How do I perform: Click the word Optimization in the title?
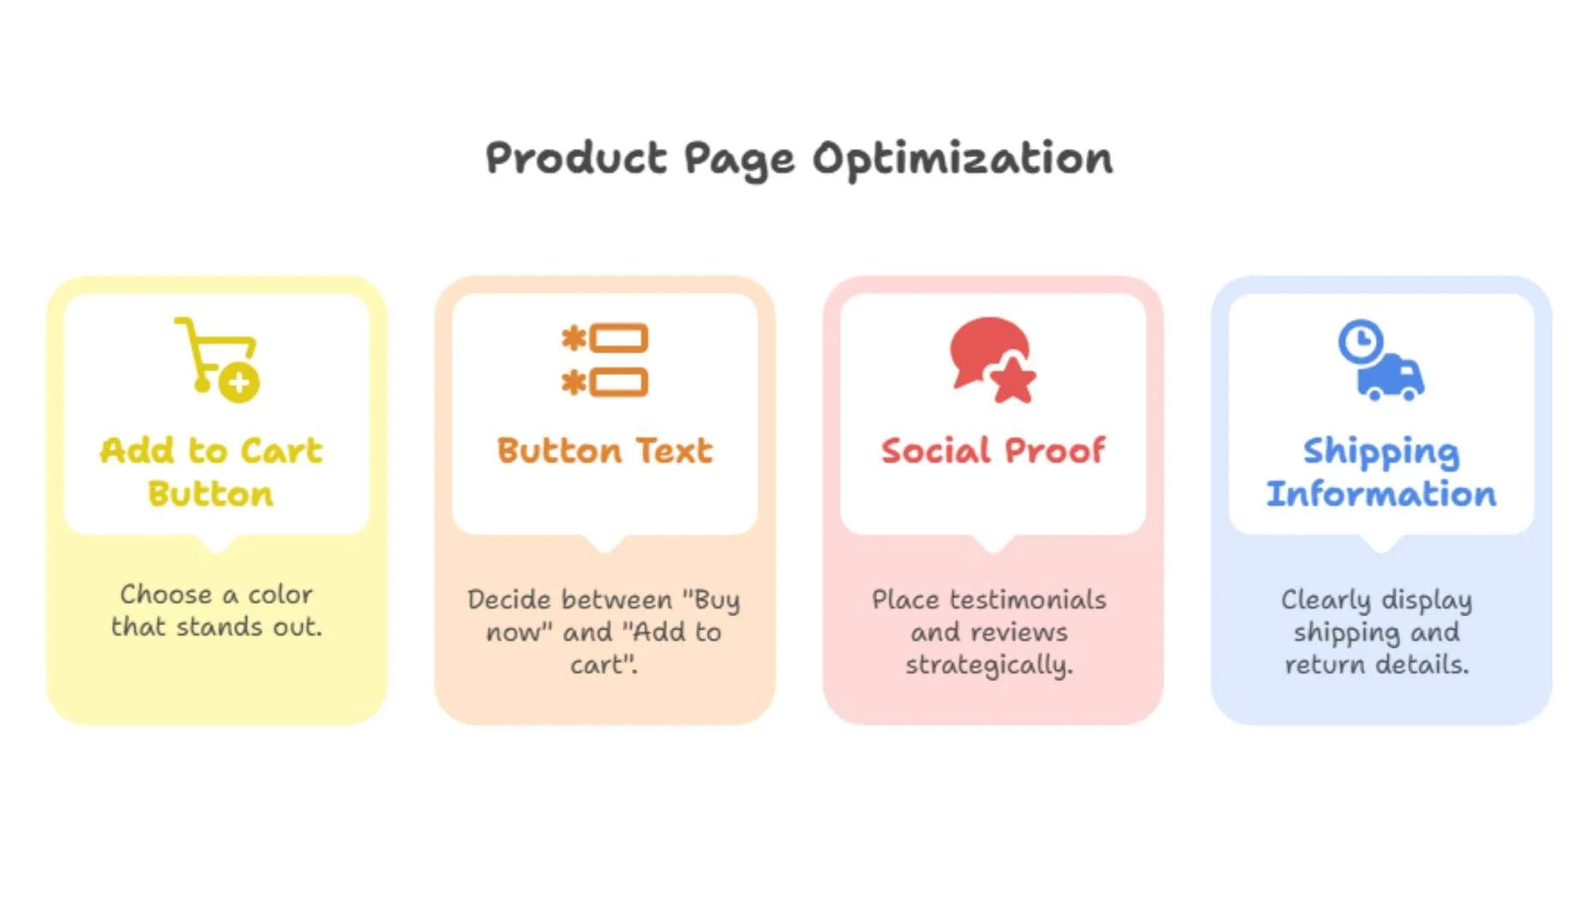(962, 159)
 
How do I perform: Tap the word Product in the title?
(576, 158)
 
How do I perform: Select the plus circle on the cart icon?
(239, 382)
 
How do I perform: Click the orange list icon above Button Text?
(604, 360)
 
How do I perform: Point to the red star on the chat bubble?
(1013, 380)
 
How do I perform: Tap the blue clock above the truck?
(1360, 341)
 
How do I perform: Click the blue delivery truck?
(1391, 378)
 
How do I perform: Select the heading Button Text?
(604, 451)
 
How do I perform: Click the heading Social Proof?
(993, 451)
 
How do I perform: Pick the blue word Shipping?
(1381, 452)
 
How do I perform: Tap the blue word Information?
(1381, 494)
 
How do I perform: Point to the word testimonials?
(1027, 599)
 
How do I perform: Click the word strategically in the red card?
(989, 665)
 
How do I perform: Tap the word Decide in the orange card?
(506, 599)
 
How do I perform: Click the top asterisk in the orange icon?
(574, 338)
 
